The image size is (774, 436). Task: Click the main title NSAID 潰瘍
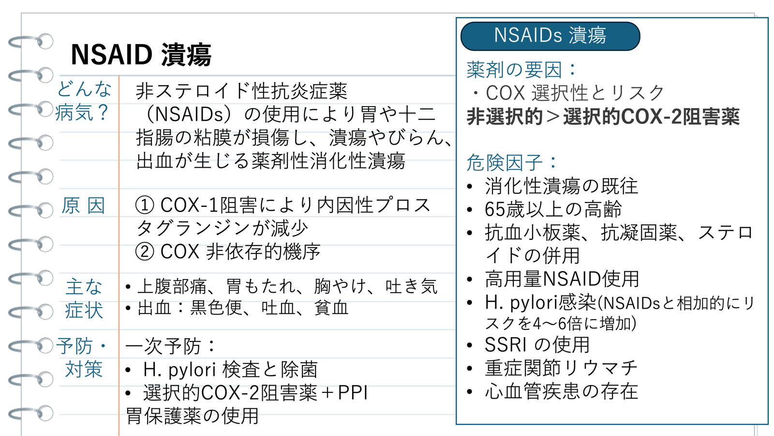141,55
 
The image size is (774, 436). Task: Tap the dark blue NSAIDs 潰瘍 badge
550,36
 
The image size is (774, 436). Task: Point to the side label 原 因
83,205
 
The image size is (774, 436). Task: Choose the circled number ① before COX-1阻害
145,205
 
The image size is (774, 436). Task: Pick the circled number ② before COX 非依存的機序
145,251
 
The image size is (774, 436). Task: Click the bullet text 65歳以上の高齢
553,209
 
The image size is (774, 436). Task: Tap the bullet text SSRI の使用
537,344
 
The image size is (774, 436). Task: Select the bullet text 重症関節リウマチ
561,368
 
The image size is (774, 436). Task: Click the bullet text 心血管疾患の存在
561,391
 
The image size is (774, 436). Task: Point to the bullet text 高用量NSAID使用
562,279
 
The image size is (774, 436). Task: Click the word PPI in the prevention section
353,392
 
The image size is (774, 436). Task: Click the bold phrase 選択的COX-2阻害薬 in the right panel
651,117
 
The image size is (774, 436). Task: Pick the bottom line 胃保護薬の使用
192,416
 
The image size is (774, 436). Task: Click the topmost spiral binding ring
30,42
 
